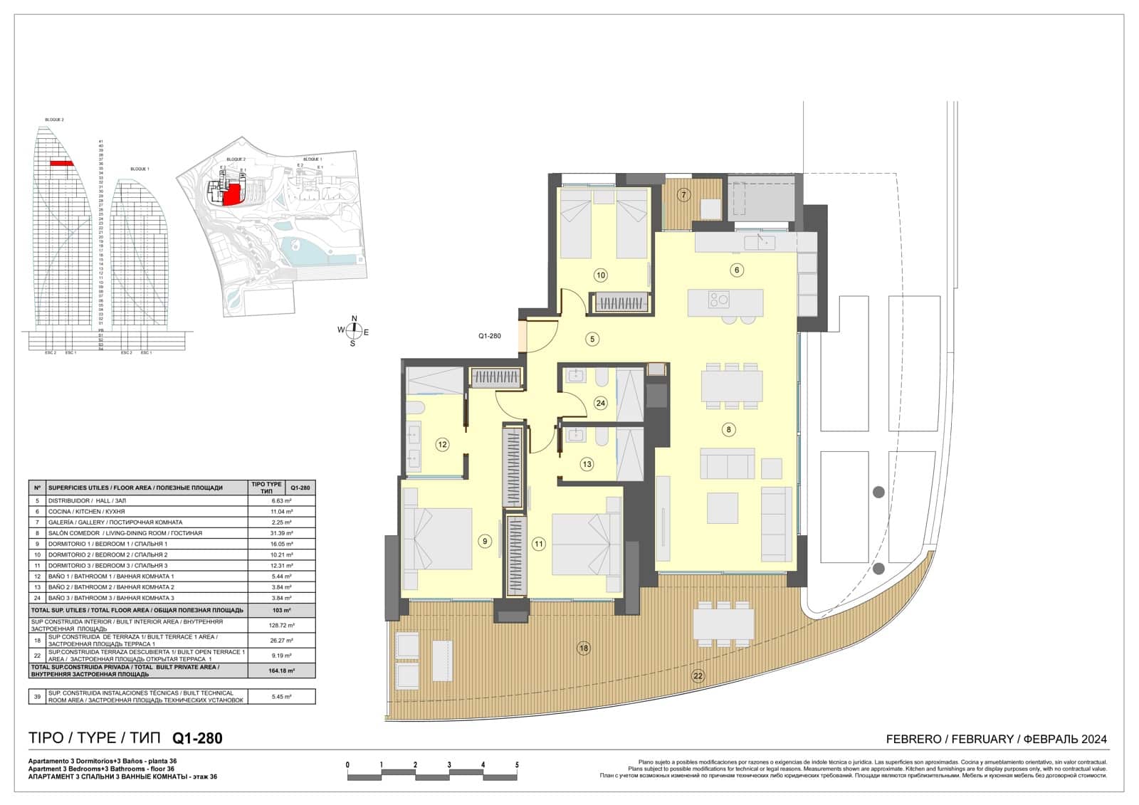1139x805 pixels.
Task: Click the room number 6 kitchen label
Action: point(737,270)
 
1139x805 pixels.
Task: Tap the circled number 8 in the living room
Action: point(728,429)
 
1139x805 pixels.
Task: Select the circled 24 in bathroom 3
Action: point(600,403)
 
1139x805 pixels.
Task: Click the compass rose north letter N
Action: point(355,318)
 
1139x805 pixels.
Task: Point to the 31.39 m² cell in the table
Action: point(282,533)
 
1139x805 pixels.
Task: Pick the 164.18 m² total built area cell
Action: point(282,670)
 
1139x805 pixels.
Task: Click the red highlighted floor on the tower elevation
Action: point(62,164)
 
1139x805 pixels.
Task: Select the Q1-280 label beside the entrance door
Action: point(490,336)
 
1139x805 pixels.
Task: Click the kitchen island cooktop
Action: point(718,300)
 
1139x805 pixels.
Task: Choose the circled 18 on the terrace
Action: point(584,648)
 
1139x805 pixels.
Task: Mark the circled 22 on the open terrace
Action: point(698,676)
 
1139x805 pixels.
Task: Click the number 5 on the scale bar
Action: point(517,765)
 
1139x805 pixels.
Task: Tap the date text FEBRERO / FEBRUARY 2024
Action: point(996,739)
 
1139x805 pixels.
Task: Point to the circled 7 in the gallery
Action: point(683,194)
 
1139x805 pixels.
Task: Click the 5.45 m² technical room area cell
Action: point(282,697)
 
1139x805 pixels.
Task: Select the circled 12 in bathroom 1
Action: point(442,445)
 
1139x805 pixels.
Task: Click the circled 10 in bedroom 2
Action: point(600,275)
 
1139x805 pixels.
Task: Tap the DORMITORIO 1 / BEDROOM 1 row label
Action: point(107,544)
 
